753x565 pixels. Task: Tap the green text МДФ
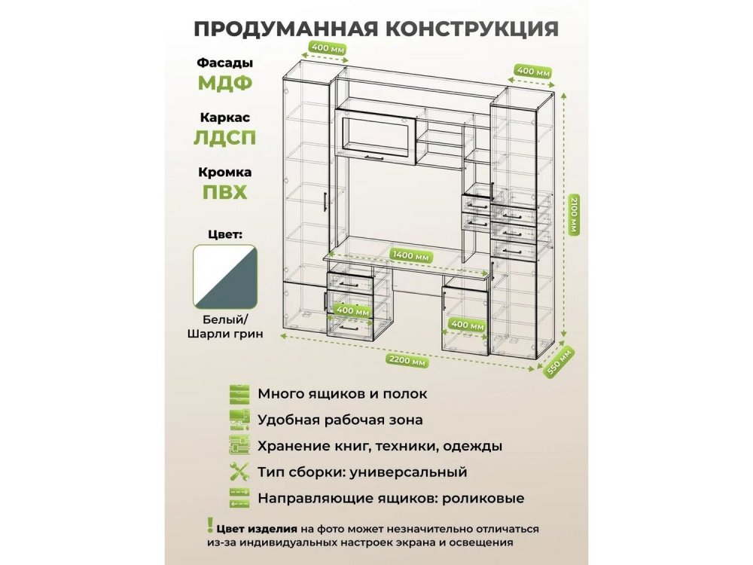coord(225,84)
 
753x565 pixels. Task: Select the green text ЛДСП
coord(224,138)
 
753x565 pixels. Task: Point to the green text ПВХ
coord(224,193)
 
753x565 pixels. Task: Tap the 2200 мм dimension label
coord(407,360)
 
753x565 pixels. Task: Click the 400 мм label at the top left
coord(328,48)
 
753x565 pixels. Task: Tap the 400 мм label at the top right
coord(533,71)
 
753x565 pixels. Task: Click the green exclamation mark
coord(210,525)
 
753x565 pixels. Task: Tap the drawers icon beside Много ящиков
coord(239,394)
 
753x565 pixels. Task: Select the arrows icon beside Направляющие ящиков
coord(239,498)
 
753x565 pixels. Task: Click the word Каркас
coord(225,118)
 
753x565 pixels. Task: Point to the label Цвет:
coord(225,234)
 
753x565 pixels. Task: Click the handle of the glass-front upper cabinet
coord(373,157)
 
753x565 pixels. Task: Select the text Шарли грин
coord(225,334)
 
